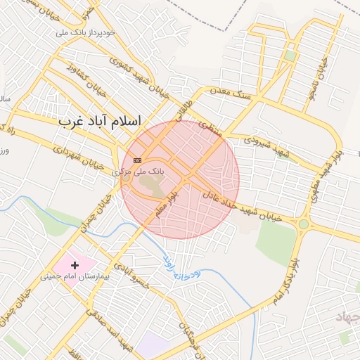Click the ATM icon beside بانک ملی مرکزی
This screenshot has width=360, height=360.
pos(137,160)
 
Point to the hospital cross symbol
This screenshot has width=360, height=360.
pos(75,265)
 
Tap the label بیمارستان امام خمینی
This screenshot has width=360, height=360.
pos(75,277)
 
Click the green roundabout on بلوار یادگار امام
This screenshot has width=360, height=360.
pos(303,224)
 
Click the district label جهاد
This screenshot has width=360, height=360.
pos(347,318)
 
